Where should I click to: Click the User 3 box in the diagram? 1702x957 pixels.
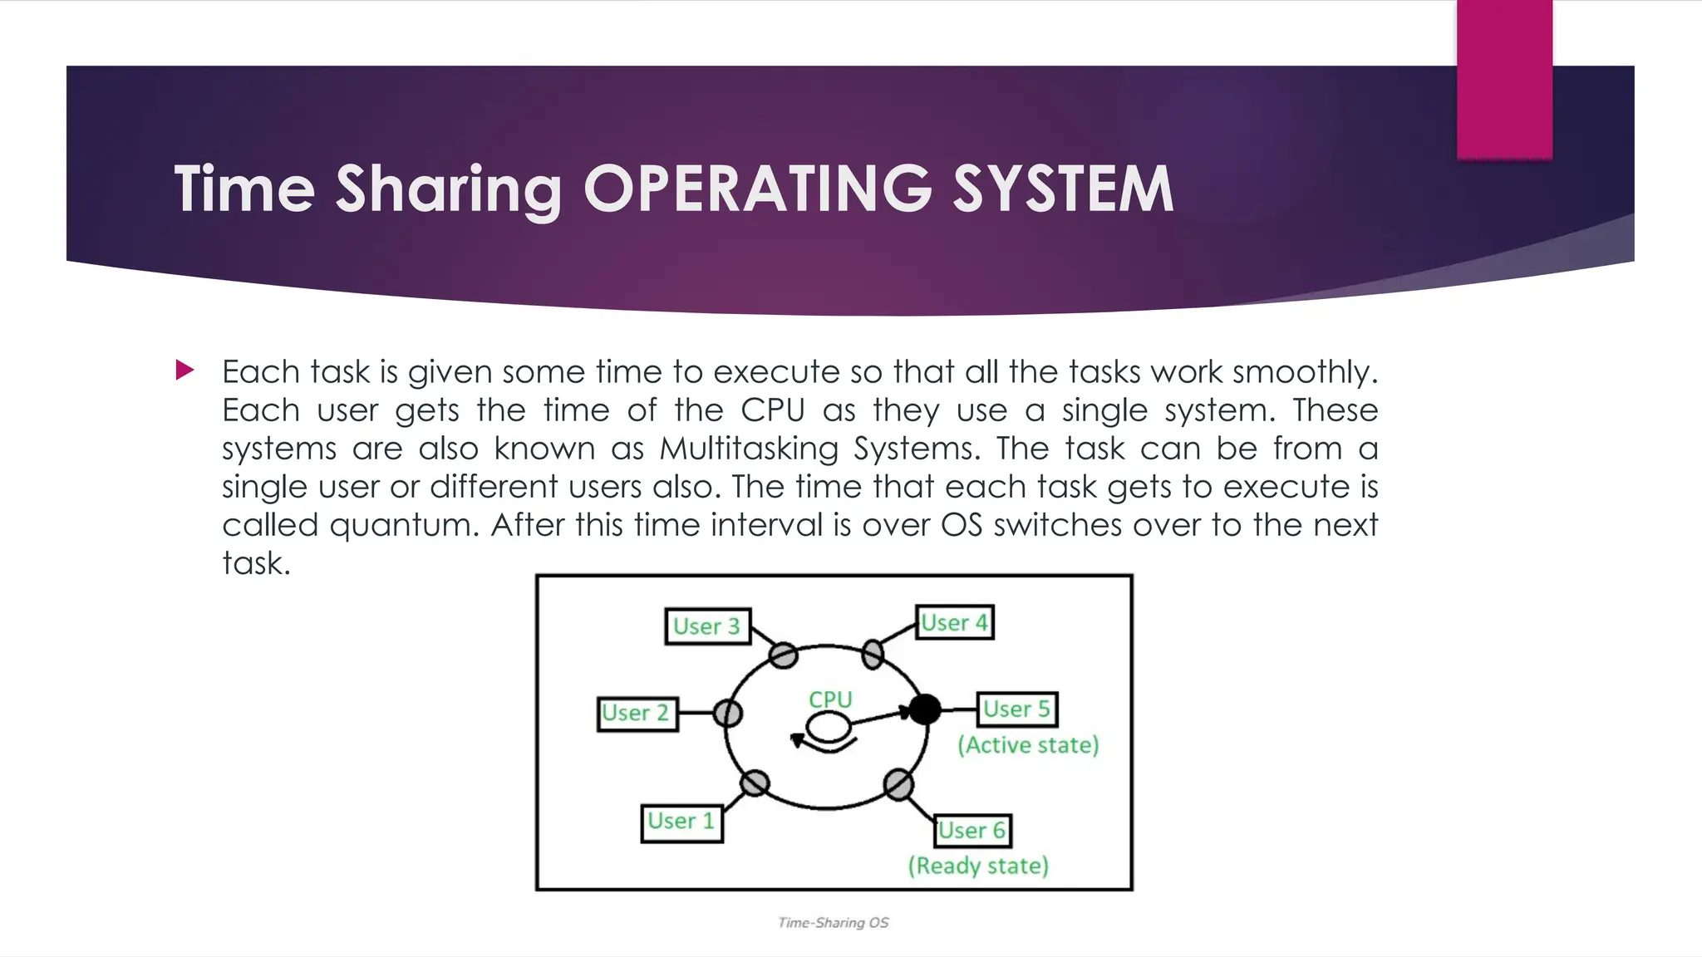tap(707, 626)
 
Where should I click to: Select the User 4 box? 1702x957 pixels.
tap(955, 622)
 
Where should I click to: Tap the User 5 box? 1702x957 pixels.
tap(1016, 709)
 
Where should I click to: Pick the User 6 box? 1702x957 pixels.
tap(972, 830)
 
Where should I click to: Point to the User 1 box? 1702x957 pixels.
tap(681, 822)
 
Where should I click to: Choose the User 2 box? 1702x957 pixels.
tap(637, 714)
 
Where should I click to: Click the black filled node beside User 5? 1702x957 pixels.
tap(924, 709)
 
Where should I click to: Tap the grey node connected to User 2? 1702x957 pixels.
tap(728, 713)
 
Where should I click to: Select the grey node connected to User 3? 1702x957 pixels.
tap(783, 655)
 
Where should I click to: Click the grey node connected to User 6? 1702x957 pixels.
tap(898, 784)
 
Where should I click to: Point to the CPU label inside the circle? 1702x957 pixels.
tap(830, 700)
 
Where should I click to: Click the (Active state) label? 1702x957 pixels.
tap(1028, 745)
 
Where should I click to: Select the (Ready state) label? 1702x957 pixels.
tap(978, 866)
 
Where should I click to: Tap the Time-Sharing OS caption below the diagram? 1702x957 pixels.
tap(833, 923)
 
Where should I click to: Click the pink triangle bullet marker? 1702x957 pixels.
tap(184, 371)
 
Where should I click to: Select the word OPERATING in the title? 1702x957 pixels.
tap(758, 189)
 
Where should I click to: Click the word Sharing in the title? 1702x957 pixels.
tap(449, 190)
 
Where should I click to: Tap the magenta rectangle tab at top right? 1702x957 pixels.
tap(1504, 79)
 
